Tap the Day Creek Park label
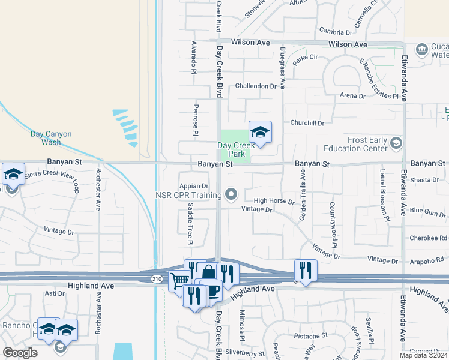pos(232,149)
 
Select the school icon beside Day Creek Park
pos(260,132)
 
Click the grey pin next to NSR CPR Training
pos(232,194)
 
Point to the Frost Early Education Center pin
pos(396,143)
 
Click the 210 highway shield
pos(156,278)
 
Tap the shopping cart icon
pos(179,280)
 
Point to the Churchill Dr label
pos(307,123)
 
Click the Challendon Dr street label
pos(259,86)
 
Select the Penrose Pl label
pos(196,116)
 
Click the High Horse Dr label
pos(274,202)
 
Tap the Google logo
pos(20,353)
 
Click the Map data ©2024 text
pos(423,355)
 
